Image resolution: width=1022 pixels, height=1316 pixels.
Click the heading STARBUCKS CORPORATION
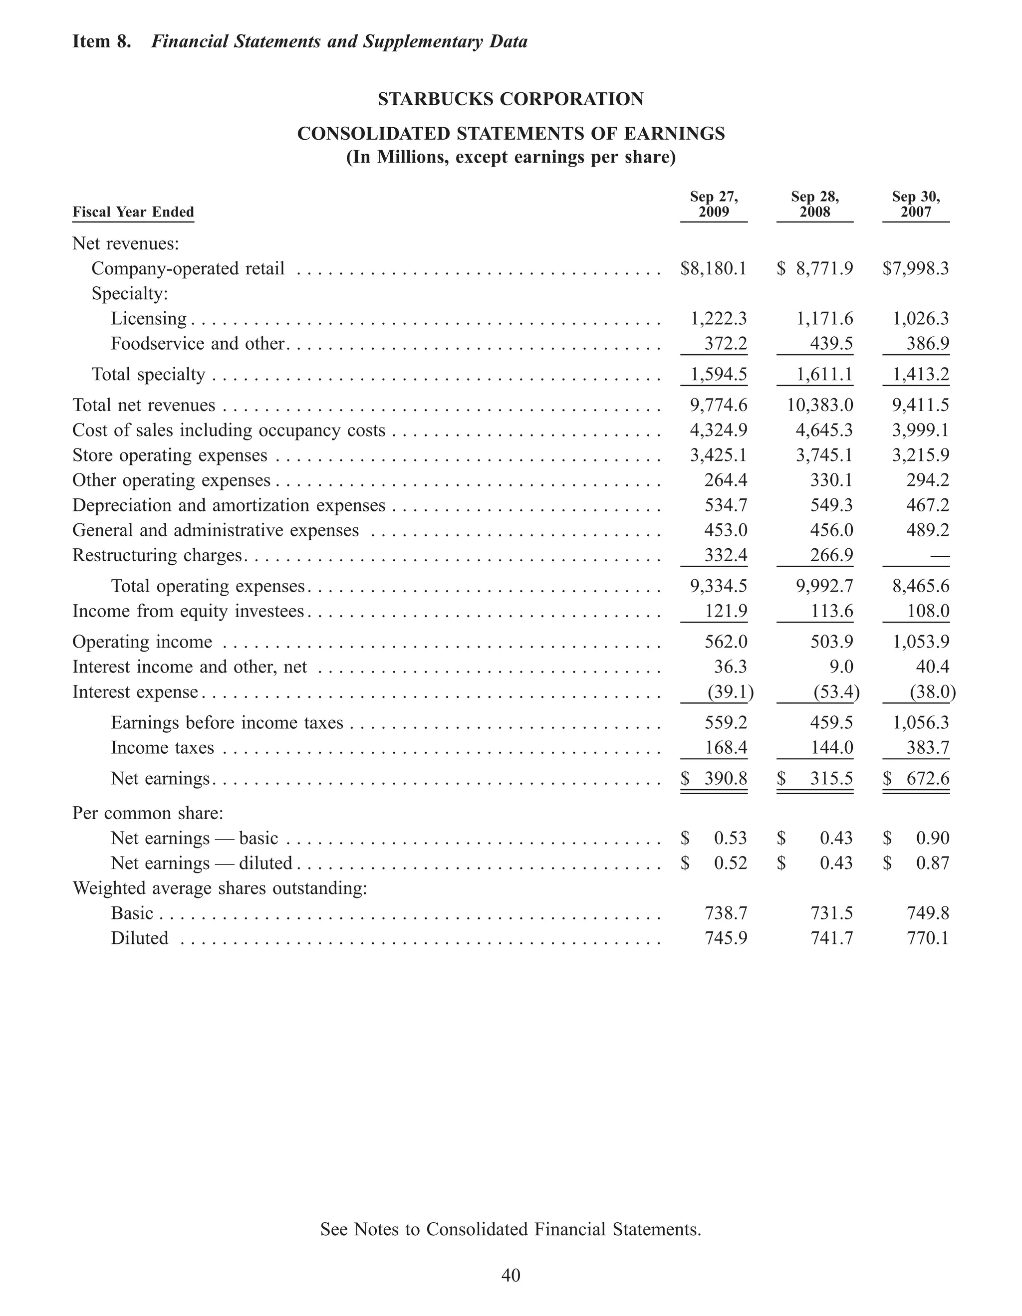511,99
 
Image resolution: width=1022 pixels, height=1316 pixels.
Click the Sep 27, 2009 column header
714,204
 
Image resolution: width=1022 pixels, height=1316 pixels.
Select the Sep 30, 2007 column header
915,204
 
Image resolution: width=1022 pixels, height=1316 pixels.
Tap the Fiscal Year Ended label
133,212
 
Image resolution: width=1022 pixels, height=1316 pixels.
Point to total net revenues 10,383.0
820,406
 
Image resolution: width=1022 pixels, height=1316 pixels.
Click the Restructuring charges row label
157,555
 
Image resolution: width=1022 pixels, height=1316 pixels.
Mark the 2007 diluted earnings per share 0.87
932,864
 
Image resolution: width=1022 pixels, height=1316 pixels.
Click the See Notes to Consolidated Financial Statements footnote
511,1229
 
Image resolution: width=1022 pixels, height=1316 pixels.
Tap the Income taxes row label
162,748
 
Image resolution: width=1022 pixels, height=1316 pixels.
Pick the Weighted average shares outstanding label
220,888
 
